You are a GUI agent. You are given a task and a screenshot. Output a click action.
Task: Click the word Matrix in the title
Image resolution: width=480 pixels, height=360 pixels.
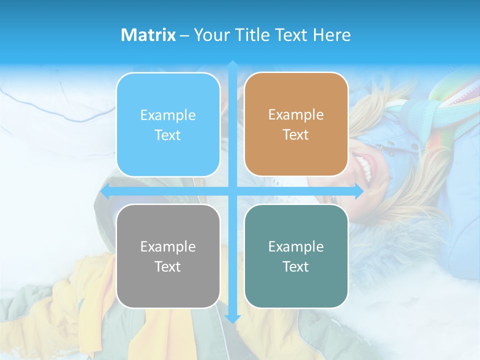pyautogui.click(x=148, y=35)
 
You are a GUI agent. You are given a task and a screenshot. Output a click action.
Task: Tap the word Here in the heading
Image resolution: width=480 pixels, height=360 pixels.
pyautogui.click(x=331, y=35)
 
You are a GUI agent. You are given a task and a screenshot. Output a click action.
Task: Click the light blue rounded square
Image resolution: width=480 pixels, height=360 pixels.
pyautogui.click(x=168, y=125)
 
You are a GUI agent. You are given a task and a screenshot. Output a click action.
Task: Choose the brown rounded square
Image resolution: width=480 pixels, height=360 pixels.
pyautogui.click(x=296, y=124)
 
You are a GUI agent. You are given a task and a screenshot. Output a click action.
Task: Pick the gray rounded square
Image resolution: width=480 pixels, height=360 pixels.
pyautogui.click(x=168, y=256)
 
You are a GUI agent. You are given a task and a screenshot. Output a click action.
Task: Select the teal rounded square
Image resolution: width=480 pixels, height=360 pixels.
pyautogui.click(x=296, y=256)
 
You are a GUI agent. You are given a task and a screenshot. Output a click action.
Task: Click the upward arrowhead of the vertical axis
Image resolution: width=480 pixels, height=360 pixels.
pyautogui.click(x=232, y=64)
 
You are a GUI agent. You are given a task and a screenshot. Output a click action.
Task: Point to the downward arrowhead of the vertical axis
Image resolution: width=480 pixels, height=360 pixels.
pyautogui.click(x=232, y=319)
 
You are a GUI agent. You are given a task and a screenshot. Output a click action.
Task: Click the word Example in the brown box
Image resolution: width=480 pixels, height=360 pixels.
pyautogui.click(x=296, y=115)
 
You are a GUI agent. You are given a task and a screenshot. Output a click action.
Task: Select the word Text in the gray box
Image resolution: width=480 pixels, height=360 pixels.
pyautogui.click(x=167, y=266)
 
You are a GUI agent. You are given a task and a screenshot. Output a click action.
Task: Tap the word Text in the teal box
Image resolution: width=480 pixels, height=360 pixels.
pyautogui.click(x=295, y=266)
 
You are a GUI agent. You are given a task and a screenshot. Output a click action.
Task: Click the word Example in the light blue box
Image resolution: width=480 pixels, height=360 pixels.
pyautogui.click(x=168, y=115)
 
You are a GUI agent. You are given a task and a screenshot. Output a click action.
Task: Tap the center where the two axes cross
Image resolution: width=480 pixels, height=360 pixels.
pyautogui.click(x=232, y=191)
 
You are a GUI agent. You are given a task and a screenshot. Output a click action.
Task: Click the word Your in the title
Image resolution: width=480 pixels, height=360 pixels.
pyautogui.click(x=209, y=35)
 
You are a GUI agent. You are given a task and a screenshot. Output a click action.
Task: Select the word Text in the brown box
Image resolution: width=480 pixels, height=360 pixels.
pyautogui.click(x=295, y=135)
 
